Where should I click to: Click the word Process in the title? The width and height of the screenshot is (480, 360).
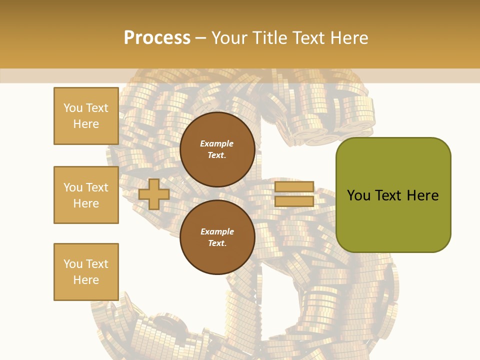click(157, 38)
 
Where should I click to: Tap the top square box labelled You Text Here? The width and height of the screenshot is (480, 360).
click(86, 116)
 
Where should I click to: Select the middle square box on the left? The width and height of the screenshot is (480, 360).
click(86, 195)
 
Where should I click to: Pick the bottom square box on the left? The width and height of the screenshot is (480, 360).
click(86, 272)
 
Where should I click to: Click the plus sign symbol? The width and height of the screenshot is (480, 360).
click(154, 194)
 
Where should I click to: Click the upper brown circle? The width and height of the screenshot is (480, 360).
click(217, 149)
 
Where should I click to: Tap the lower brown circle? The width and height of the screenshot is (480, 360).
click(217, 237)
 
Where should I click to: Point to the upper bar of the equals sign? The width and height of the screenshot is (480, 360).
click(294, 186)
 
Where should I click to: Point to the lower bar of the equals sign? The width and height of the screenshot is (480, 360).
click(294, 201)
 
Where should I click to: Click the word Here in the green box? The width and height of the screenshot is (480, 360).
click(423, 195)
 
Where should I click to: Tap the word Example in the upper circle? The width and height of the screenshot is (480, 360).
click(217, 144)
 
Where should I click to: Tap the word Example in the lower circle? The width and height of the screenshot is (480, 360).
click(217, 231)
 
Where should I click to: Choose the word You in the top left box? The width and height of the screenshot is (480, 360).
click(73, 108)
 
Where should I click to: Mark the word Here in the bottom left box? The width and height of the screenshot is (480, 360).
click(86, 280)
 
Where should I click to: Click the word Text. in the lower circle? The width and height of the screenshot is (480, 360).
click(217, 243)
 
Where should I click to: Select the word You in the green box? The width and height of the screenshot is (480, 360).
click(358, 195)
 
